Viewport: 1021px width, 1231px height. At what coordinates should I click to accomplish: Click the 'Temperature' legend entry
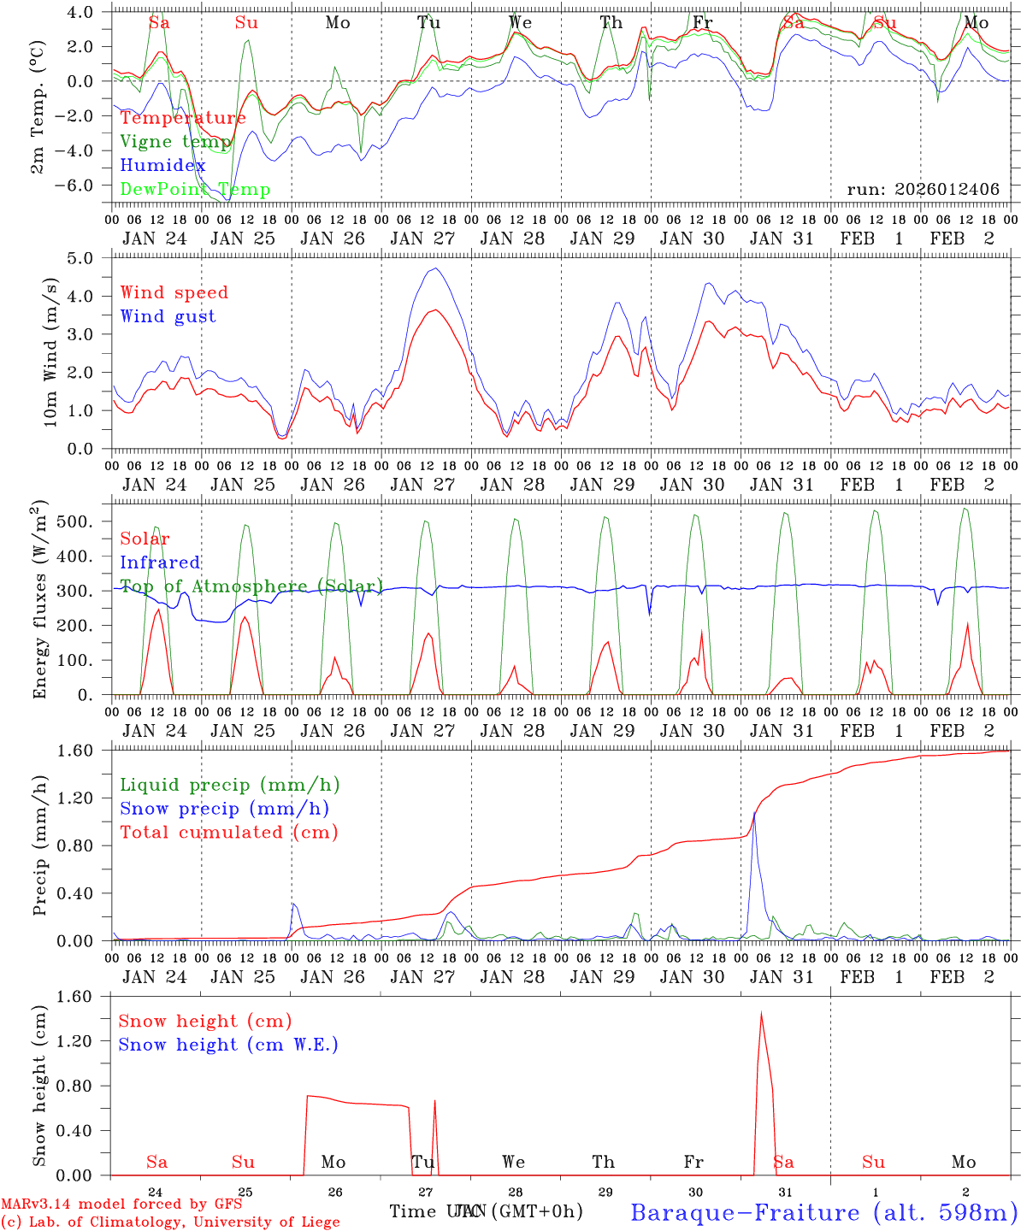point(183,118)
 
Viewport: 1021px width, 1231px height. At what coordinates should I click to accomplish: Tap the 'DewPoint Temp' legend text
point(195,190)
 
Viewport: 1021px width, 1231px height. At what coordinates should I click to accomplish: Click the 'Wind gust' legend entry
point(168,316)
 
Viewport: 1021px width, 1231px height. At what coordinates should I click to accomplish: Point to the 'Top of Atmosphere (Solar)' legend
point(251,586)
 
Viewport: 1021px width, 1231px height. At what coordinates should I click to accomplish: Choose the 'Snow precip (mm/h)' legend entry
point(224,809)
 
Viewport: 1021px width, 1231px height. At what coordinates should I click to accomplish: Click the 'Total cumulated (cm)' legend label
point(228,833)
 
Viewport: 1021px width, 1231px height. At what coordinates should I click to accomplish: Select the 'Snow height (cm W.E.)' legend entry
point(227,1045)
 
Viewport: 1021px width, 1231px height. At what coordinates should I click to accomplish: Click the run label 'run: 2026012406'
point(923,190)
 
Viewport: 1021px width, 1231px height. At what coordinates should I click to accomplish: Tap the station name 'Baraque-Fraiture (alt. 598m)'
point(823,1212)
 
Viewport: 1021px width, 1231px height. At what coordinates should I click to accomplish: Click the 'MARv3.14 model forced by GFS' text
point(121,1204)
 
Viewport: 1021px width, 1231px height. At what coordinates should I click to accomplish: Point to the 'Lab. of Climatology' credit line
point(170,1222)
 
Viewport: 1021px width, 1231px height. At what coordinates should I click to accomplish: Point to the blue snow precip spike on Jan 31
point(754,813)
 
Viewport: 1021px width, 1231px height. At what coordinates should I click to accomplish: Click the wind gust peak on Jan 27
point(436,268)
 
